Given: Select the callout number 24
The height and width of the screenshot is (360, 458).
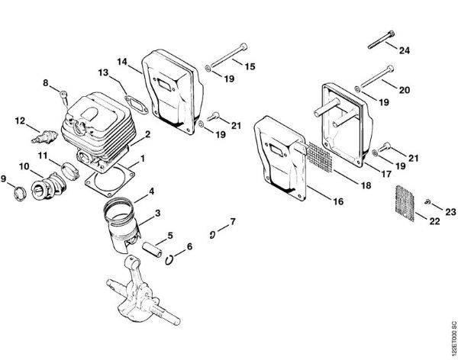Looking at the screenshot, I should [x=405, y=50].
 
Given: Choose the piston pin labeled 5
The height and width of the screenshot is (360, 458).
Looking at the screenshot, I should [x=151, y=249].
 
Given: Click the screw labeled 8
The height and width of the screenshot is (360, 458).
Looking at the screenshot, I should [x=63, y=97].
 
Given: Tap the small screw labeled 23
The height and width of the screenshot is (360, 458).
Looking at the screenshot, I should [x=429, y=200].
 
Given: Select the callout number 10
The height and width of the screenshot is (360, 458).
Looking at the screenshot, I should [x=24, y=166].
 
